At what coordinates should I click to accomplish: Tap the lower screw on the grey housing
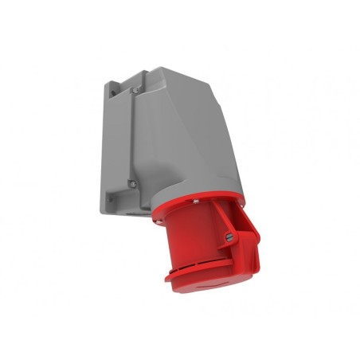point(133,183)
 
